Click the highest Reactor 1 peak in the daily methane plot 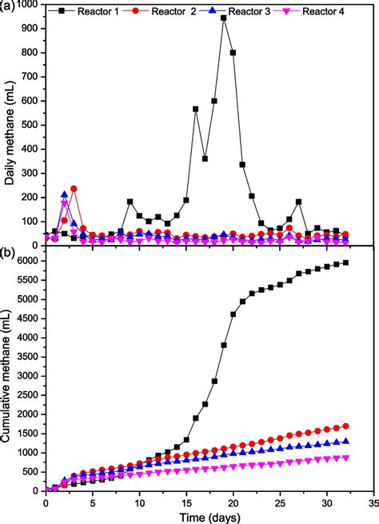(x=224, y=18)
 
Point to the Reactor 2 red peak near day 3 (x=74, y=189)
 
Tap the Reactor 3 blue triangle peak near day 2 (x=64, y=194)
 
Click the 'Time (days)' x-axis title (x=210, y=517)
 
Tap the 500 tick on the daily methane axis (x=31, y=125)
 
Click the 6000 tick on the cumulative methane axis (x=29, y=262)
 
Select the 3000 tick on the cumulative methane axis (x=29, y=376)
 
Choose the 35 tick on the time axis (x=373, y=502)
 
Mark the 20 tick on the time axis (x=233, y=502)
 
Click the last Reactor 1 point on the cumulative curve (x=345, y=262)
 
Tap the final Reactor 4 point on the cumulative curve (x=345, y=457)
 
